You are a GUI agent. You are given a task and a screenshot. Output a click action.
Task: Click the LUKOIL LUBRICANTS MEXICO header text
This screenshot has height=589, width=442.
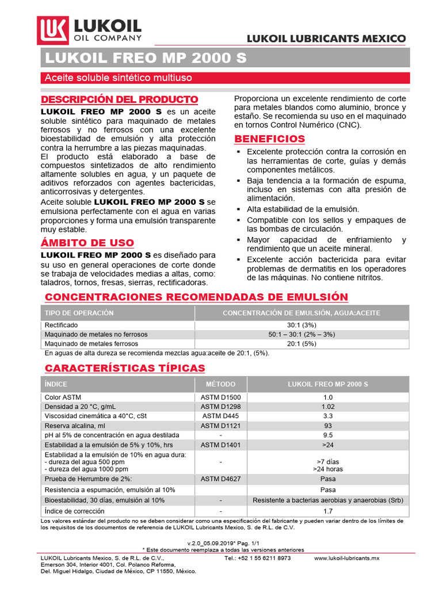click(326, 39)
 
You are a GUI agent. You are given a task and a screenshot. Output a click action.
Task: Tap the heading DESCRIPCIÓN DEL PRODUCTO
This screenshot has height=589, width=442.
click(120, 99)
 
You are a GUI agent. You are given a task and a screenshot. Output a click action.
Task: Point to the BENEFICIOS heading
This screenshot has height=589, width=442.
click(269, 139)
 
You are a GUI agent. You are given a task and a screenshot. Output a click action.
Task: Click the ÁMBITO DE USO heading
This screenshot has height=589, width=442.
click(87, 243)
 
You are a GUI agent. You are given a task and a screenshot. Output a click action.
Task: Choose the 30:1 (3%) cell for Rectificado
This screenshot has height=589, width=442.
click(302, 325)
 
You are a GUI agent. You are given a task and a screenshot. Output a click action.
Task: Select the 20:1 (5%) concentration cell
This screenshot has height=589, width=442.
click(302, 343)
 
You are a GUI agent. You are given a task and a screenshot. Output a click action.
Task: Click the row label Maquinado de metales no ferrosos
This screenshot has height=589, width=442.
click(96, 334)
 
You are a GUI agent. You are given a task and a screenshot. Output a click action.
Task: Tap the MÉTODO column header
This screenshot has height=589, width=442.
click(221, 384)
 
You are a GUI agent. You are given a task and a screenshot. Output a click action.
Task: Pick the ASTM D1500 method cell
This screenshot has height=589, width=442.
click(221, 397)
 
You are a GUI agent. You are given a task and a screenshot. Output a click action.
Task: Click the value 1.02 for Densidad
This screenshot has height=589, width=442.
click(328, 407)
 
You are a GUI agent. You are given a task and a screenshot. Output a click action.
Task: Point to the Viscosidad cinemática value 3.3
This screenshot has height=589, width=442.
click(328, 416)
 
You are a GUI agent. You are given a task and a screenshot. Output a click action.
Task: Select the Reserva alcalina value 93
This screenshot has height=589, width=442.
click(328, 426)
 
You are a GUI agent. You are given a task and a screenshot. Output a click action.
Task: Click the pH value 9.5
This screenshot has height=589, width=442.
click(328, 435)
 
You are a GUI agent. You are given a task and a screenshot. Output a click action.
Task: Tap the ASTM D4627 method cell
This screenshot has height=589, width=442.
click(221, 479)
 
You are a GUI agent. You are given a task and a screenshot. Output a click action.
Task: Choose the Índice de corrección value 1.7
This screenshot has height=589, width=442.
click(328, 511)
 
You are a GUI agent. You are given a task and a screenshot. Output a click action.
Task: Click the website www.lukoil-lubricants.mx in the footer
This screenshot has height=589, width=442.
click(346, 558)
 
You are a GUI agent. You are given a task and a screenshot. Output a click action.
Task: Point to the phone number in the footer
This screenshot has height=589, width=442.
click(257, 558)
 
